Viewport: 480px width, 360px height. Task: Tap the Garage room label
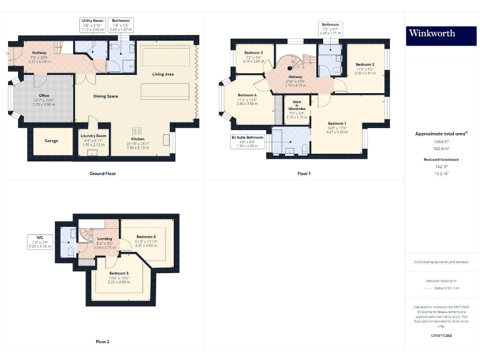pyautogui.click(x=51, y=141)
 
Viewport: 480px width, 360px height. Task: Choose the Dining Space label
pyautogui.click(x=106, y=96)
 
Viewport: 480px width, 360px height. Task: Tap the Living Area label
pyautogui.click(x=163, y=74)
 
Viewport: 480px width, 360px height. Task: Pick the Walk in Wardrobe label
pyautogui.click(x=296, y=111)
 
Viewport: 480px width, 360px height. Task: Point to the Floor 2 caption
pyautogui.click(x=102, y=342)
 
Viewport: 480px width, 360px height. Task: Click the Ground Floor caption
pyautogui.click(x=102, y=173)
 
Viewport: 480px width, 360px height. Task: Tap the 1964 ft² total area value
pyautogui.click(x=441, y=142)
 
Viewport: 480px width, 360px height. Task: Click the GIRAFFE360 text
pyautogui.click(x=441, y=336)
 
